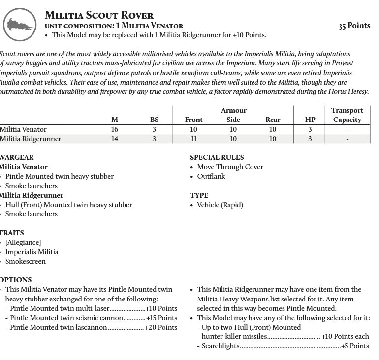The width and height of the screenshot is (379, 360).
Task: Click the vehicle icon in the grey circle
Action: click(20, 23)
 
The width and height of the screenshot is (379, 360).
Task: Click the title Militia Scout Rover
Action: click(99, 15)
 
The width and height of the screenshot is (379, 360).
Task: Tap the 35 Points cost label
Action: click(354, 26)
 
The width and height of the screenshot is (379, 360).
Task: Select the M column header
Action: click(115, 120)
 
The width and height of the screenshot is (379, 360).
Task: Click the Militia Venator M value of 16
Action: click(115, 129)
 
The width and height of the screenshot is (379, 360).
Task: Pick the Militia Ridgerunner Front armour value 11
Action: click(193, 139)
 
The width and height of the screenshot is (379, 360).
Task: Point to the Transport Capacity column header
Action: click(347, 115)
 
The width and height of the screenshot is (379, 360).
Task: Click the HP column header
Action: click(310, 120)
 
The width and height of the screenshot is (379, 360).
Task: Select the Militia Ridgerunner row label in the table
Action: click(31, 139)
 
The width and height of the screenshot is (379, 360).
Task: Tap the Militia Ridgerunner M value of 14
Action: click(115, 139)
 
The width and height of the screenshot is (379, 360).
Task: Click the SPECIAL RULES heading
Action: click(217, 157)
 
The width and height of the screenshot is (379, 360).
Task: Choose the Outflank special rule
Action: click(211, 176)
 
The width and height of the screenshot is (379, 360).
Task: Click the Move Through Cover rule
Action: click(230, 167)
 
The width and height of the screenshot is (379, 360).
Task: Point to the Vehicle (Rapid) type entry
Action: click(220, 205)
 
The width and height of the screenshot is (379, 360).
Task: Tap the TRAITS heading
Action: click(12, 233)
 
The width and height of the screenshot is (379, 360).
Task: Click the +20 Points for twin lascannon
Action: click(160, 327)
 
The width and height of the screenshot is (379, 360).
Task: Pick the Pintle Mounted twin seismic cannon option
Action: click(66, 318)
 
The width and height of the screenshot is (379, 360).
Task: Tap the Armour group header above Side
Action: click(233, 110)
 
